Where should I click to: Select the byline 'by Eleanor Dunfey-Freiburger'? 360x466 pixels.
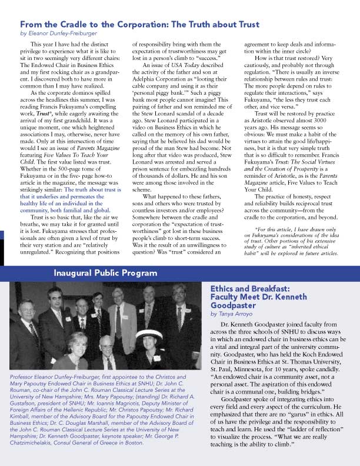59,34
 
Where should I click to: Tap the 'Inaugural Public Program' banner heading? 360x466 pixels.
105,272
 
